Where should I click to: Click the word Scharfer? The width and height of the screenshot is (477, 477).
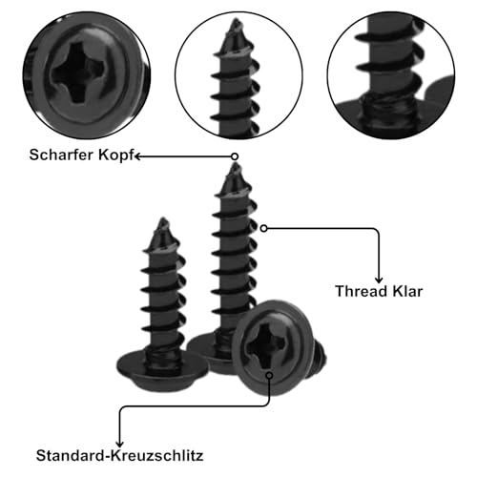(62, 155)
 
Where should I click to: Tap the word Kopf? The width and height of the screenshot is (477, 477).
(116, 156)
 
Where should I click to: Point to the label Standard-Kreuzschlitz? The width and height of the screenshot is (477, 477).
(119, 455)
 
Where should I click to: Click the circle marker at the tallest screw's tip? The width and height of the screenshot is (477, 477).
(235, 156)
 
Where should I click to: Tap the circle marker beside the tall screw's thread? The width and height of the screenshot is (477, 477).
(264, 228)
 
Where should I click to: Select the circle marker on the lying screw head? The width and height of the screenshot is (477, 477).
(270, 375)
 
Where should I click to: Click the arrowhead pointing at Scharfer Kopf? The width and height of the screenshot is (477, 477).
(137, 156)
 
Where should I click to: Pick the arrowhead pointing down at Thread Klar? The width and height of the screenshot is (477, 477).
(379, 280)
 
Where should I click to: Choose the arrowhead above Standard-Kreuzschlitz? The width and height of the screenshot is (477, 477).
(119, 444)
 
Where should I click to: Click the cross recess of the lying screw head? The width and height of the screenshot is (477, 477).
(265, 346)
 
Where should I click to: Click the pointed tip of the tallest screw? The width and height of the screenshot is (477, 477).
(235, 165)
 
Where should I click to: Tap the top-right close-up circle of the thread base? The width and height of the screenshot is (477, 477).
(391, 75)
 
